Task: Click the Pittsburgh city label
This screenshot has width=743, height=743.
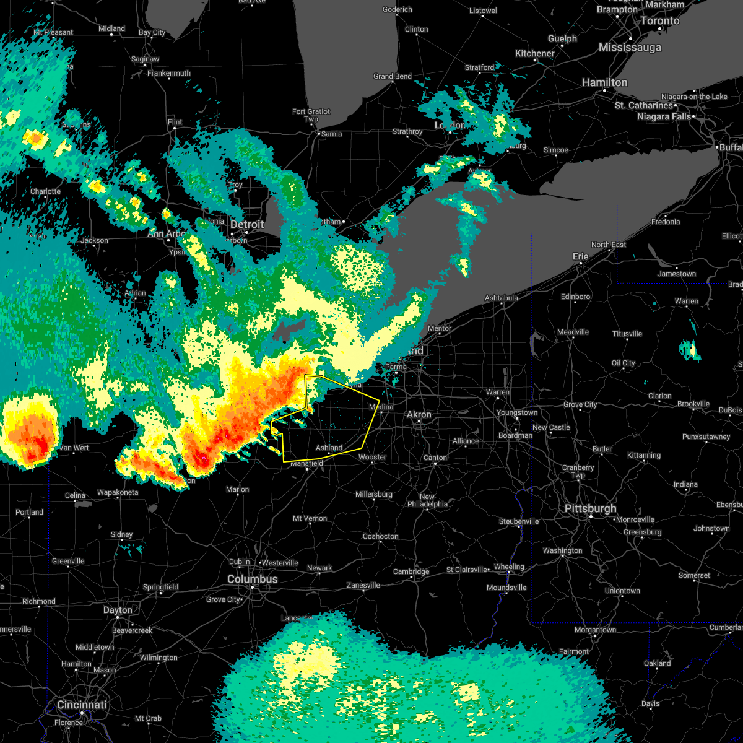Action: (590, 508)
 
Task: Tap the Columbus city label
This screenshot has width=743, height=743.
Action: (252, 579)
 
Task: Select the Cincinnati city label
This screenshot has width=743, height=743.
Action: (82, 705)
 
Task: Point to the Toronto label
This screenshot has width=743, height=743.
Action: (659, 20)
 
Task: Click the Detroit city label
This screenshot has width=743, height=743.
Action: (247, 224)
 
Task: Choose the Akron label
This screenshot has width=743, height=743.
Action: (419, 414)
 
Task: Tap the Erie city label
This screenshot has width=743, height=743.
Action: (580, 256)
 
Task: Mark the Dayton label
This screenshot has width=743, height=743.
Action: (118, 610)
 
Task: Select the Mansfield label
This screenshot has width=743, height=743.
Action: (307, 463)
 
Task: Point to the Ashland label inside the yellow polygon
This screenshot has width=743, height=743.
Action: (329, 448)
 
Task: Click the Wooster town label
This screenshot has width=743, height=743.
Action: (372, 457)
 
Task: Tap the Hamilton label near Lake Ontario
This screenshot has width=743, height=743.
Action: (604, 82)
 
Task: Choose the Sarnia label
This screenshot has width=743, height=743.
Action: (331, 133)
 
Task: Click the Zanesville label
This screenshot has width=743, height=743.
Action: (363, 585)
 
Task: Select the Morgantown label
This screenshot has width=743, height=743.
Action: (595, 630)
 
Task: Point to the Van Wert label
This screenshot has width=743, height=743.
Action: (74, 448)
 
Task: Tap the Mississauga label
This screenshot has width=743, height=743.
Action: (630, 48)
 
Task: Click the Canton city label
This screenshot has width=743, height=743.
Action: (435, 458)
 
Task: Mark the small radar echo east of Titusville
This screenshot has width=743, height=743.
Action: (689, 350)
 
